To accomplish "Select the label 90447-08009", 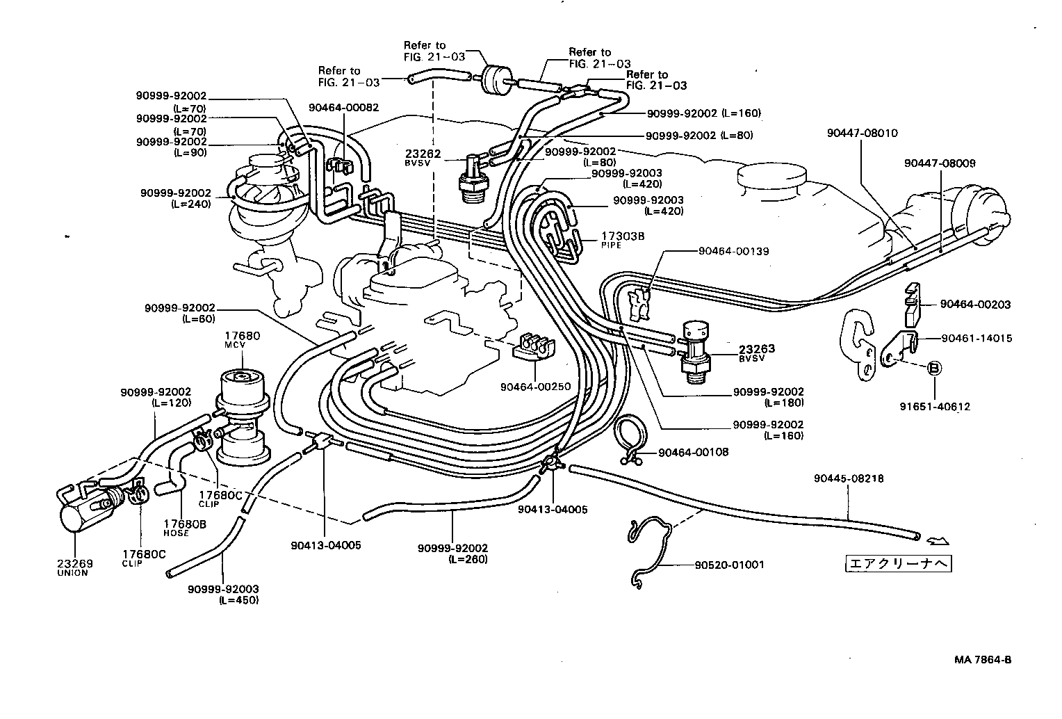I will (940, 163).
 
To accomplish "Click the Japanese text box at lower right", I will (897, 563).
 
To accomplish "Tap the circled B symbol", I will (934, 367).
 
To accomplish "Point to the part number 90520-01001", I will (729, 565).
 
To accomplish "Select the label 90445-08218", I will (849, 478).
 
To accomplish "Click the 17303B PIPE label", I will (623, 240).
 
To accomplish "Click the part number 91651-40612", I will (935, 407).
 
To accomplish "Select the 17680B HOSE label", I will (184, 527).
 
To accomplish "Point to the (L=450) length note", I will (238, 600).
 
